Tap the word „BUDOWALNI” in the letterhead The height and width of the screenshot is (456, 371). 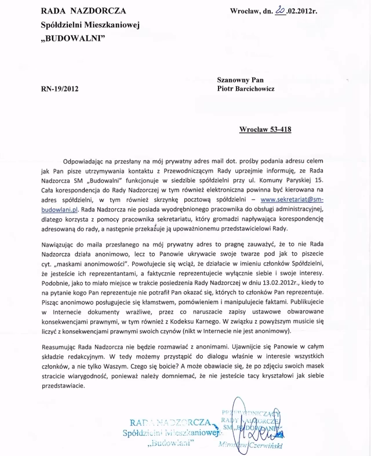[73, 38]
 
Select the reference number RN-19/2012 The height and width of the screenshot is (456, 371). [60, 89]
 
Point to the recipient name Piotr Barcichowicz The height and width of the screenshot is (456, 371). [254, 89]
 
